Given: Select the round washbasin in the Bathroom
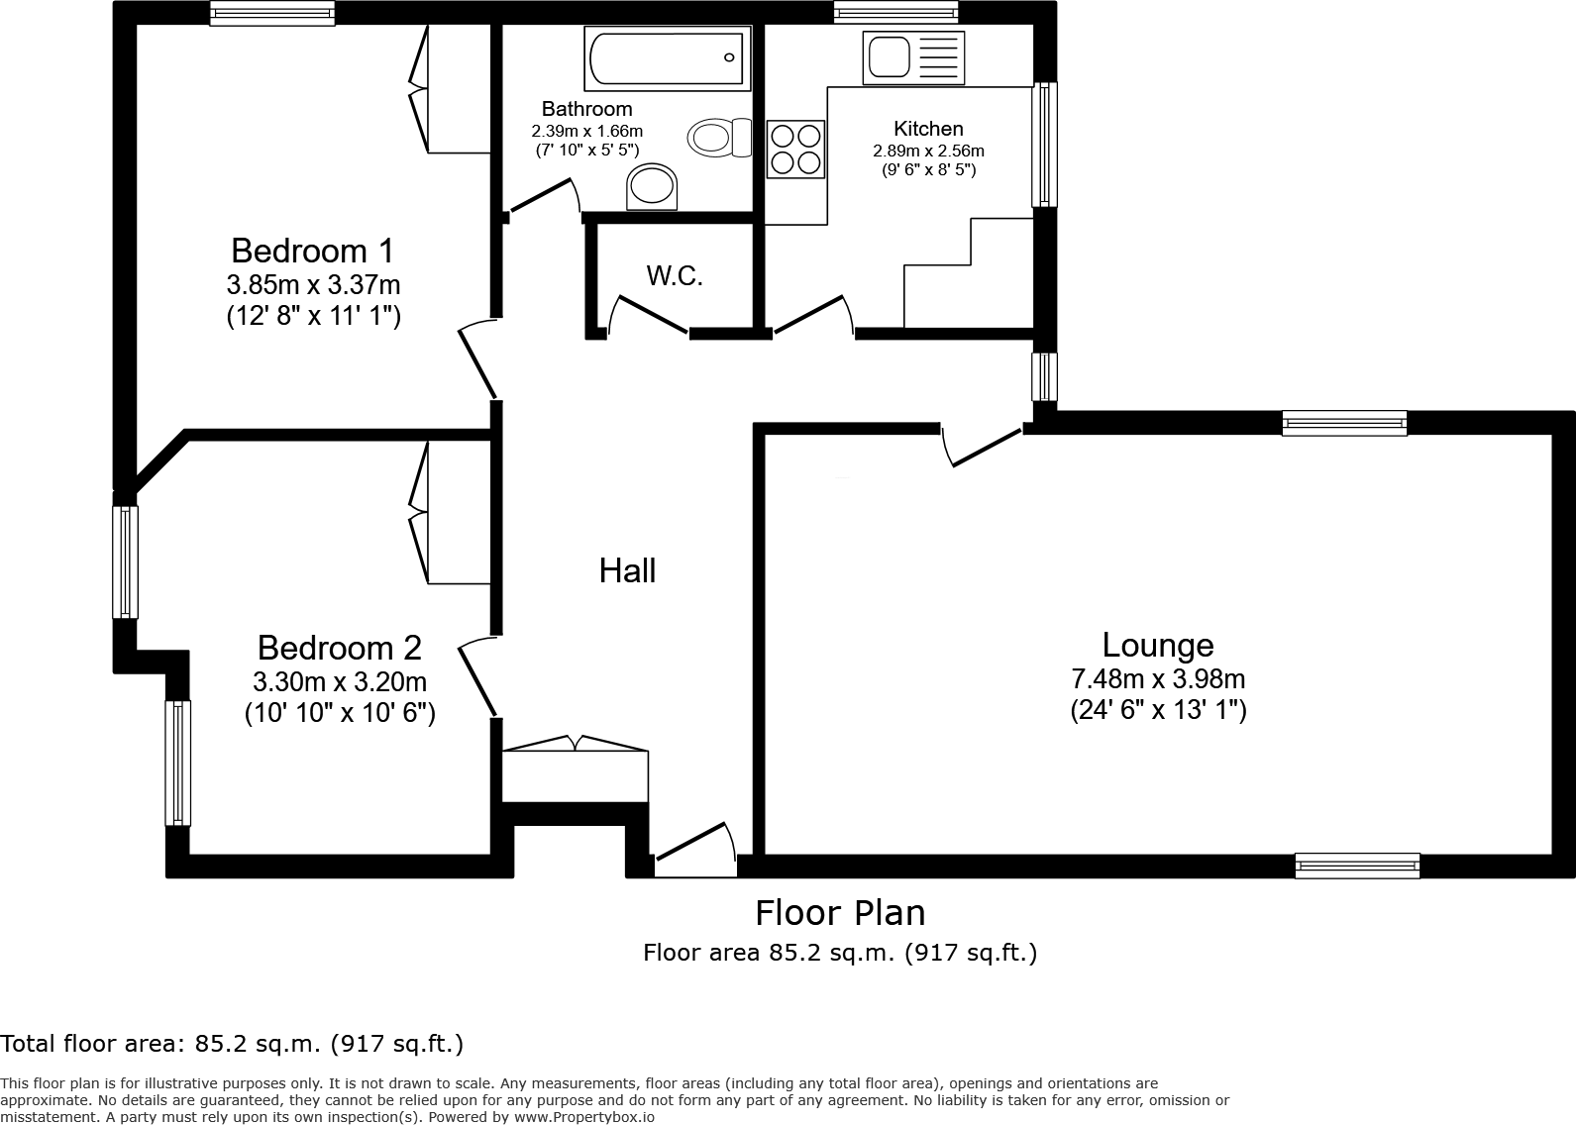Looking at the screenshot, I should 652,186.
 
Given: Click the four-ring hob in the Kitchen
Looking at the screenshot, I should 795,149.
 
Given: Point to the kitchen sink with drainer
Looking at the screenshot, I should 911,55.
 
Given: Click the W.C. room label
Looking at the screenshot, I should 675,276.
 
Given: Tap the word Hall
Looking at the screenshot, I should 627,570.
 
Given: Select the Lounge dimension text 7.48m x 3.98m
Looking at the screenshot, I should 1158,679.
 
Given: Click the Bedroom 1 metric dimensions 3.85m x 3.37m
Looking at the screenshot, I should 313,285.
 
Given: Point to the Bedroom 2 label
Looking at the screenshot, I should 339,648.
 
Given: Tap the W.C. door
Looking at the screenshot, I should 649,315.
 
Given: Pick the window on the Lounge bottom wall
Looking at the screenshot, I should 1357,866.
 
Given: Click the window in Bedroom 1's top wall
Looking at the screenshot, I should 272,13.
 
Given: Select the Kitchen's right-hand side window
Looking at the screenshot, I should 1044,145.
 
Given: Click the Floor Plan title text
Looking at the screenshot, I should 840,912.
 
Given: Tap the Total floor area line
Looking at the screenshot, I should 232,1043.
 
